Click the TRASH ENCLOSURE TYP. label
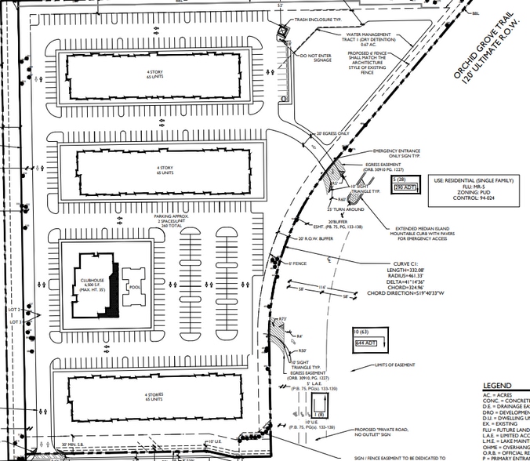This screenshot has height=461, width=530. pos(321,20)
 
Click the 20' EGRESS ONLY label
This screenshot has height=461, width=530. pos(331,134)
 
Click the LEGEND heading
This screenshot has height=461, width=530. pos(497,386)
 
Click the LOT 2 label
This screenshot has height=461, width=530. pos(13,310)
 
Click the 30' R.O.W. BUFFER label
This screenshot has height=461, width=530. pos(315,238)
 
